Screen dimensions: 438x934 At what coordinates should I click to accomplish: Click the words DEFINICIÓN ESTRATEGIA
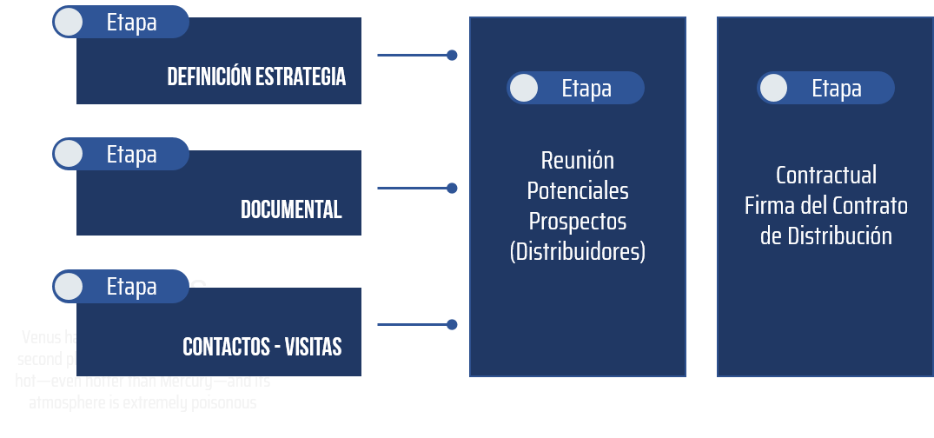pos(256,76)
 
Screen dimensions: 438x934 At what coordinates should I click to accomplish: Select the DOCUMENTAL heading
pos(291,209)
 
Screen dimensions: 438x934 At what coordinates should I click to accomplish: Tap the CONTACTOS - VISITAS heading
pos(262,347)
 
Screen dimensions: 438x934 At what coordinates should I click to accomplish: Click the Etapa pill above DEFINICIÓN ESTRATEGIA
pos(121,22)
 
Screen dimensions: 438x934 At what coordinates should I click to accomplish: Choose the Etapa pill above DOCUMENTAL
pos(121,154)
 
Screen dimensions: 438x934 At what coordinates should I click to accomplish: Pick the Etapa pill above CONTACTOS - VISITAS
pos(121,286)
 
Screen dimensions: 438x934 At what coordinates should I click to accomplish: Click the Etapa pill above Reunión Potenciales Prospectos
pos(575,88)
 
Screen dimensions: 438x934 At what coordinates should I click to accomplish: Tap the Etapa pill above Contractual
pos(825,88)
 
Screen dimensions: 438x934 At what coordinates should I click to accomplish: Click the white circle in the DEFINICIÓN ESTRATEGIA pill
pos(69,22)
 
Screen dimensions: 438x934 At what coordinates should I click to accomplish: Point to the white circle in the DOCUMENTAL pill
pos(69,154)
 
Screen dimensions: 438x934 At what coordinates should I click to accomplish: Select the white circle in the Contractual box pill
pos(773,88)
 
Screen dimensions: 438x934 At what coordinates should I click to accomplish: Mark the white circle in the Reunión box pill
pos(523,88)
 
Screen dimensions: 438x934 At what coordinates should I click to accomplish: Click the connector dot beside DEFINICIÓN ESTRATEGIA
pos(452,55)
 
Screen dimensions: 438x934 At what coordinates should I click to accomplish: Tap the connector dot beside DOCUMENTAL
pos(452,188)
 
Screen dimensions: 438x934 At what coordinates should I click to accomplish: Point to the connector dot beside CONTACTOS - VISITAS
pos(452,325)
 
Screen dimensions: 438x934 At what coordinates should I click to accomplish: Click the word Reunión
pos(577,161)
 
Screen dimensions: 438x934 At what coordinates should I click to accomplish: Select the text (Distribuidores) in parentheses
pos(577,252)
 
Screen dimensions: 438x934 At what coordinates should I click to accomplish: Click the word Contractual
pos(825,176)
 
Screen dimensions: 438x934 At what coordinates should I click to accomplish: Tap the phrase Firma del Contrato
pos(825,206)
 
